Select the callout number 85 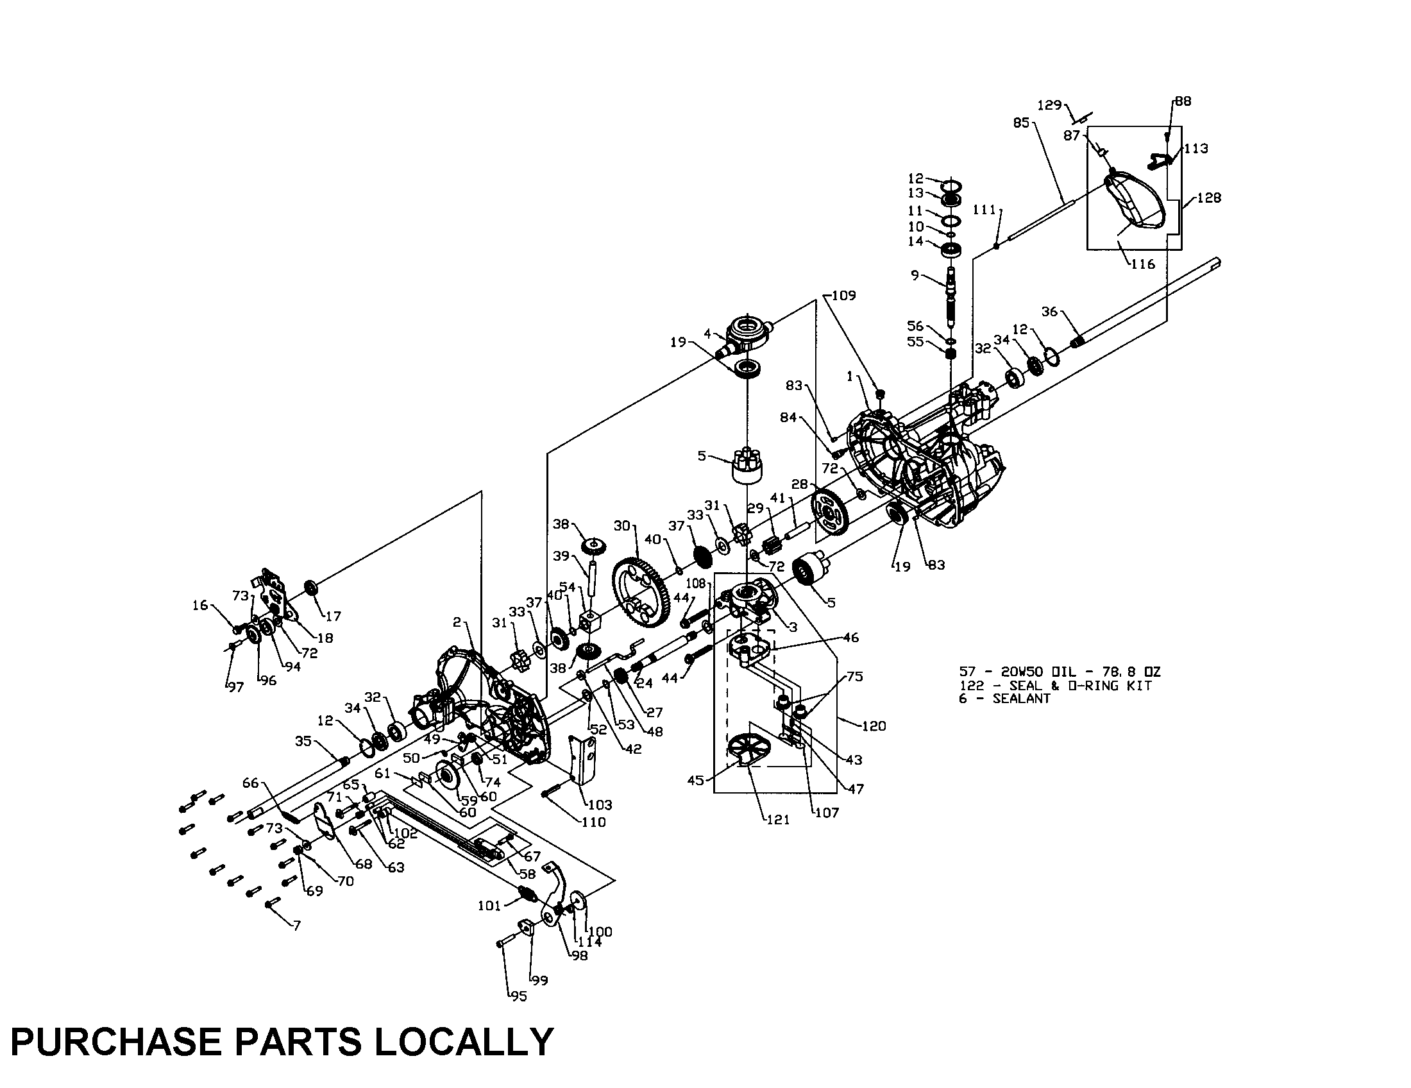point(1021,123)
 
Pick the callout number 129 point(1049,105)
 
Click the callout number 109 point(843,295)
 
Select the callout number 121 point(778,819)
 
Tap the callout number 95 point(518,996)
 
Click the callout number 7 point(296,926)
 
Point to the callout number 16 point(200,605)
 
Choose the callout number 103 point(600,804)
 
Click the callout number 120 point(874,726)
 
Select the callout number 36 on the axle point(1049,311)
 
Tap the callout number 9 point(915,275)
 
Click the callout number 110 point(593,822)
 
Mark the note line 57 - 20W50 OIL point(1060,672)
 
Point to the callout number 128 point(1208,198)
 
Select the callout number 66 point(250,783)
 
